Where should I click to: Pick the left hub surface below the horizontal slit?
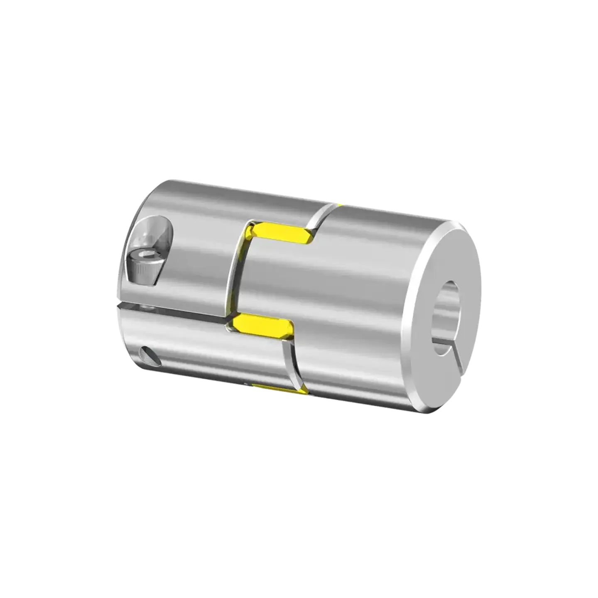tap(187, 345)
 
